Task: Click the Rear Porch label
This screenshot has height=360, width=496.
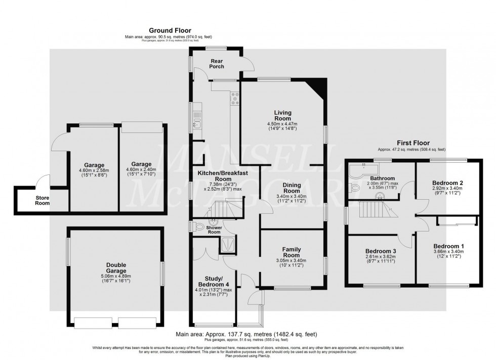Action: click(x=216, y=64)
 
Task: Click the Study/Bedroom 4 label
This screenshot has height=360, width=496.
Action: click(x=213, y=281)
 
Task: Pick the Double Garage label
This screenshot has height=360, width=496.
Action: click(x=116, y=267)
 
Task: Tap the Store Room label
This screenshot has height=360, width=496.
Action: click(x=42, y=201)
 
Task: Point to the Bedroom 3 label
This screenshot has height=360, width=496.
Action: click(x=380, y=251)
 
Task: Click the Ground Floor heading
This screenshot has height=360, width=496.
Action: click(x=170, y=31)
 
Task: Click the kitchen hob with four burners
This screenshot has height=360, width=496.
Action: click(x=235, y=99)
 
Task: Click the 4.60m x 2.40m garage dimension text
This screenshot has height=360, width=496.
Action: click(x=141, y=170)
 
